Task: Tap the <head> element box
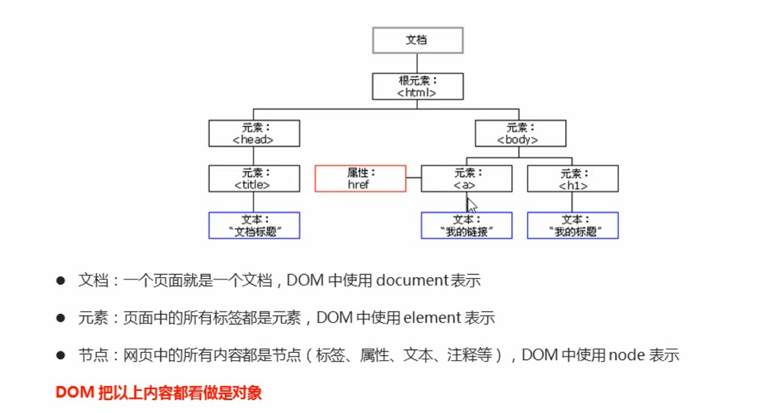point(253,133)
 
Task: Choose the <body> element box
point(520,133)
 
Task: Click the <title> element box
point(253,179)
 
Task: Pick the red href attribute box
point(360,179)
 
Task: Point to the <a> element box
point(466,179)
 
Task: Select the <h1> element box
point(573,179)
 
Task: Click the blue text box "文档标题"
point(253,225)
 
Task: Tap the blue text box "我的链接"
point(466,225)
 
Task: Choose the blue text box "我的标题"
point(573,225)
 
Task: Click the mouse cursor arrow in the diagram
point(471,203)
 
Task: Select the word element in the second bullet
point(432,318)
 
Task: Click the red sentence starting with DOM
point(159,393)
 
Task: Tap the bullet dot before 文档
point(61,281)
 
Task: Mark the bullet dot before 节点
point(61,356)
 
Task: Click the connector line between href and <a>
point(413,178)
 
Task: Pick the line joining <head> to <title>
point(253,156)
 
